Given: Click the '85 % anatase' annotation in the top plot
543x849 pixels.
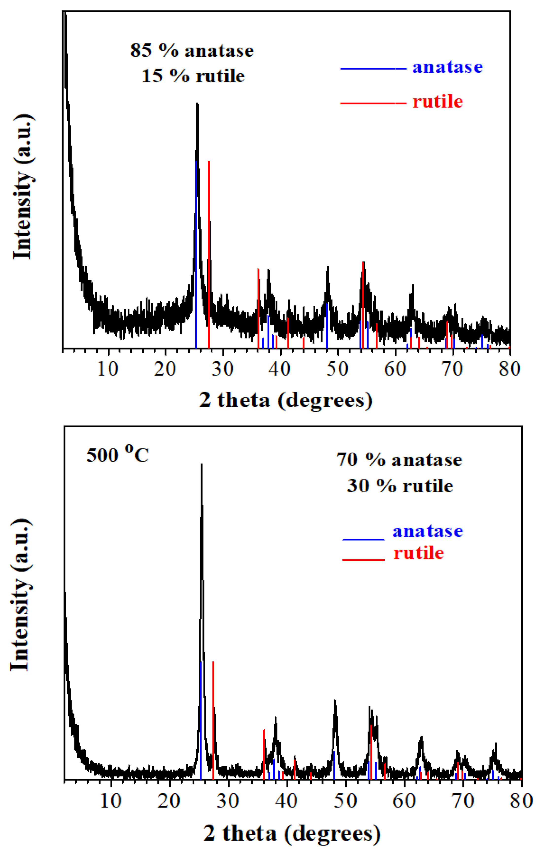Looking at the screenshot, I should [192, 51].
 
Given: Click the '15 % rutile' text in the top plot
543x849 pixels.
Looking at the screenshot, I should [193, 76].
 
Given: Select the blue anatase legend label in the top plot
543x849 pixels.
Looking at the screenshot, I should [447, 67].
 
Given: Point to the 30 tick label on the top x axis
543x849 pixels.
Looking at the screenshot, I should [222, 369].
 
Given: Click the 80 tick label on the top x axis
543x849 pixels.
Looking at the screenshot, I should [509, 369].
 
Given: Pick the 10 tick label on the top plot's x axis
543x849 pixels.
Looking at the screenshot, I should [108, 369].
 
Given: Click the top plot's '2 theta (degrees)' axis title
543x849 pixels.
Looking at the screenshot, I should [286, 400].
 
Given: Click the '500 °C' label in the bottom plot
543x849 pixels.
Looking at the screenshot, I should [118, 454].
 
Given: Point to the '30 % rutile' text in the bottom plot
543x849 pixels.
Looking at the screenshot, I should [400, 486].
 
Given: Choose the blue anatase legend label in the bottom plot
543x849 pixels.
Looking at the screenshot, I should [427, 531].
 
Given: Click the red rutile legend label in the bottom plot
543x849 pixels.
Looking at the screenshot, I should [418, 553].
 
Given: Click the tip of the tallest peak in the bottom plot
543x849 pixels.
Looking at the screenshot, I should [201, 465].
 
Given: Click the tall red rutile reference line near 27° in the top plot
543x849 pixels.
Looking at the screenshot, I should [209, 254].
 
